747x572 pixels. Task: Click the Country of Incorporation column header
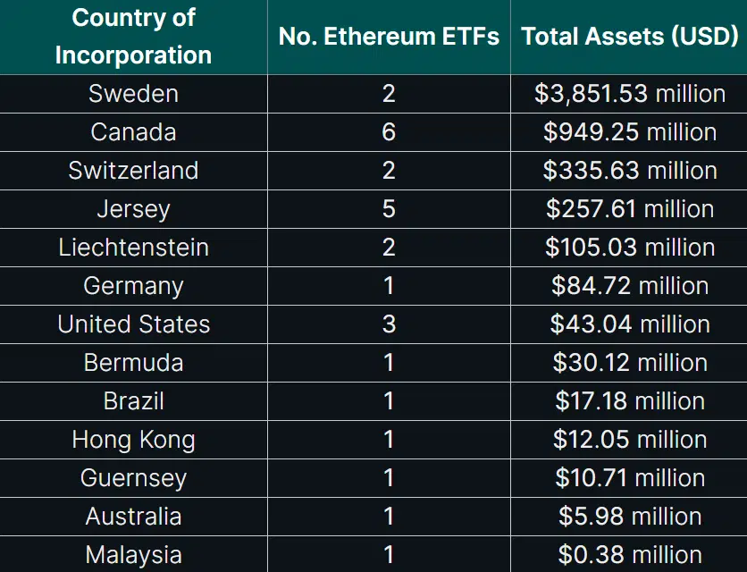[133, 36]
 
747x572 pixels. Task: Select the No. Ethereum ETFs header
[389, 37]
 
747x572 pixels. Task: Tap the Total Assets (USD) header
[630, 37]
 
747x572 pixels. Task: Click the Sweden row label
[133, 94]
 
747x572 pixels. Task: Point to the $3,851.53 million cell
[630, 94]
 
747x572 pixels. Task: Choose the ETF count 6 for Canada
[389, 132]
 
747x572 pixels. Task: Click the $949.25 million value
[630, 132]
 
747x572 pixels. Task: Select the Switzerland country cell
[133, 171]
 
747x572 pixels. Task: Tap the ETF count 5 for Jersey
[389, 209]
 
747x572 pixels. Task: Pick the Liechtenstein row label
[133, 248]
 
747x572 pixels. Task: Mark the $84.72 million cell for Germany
[630, 286]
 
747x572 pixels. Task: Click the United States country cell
[133, 324]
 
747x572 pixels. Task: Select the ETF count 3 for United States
[389, 324]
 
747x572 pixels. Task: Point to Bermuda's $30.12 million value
[630, 363]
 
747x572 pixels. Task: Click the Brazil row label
[133, 401]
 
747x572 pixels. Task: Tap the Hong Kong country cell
[133, 440]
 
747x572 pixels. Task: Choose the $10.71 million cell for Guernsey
[630, 478]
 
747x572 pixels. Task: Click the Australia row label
[133, 517]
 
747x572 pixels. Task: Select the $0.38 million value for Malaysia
[630, 555]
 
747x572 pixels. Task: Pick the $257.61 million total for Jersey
[630, 209]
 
